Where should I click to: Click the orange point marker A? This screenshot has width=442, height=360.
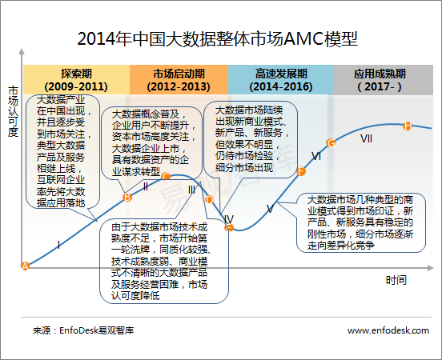click(25, 266)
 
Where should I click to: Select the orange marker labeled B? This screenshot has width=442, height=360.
click(127, 197)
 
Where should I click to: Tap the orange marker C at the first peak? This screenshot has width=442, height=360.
click(167, 176)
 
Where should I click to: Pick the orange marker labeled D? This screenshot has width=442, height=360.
click(209, 200)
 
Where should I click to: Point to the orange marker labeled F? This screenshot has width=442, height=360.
click(301, 171)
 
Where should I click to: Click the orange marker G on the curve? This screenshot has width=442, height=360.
click(331, 143)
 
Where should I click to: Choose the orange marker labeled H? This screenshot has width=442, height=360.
click(408, 126)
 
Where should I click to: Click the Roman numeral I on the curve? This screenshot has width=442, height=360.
click(58, 245)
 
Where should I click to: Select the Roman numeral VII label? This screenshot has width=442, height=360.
click(366, 138)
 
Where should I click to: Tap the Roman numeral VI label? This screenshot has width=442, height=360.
click(316, 156)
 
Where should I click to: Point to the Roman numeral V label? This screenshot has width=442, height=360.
click(270, 209)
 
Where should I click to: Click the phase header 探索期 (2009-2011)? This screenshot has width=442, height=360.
click(76, 80)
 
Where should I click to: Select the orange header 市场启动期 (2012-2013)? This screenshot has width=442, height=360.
click(179, 80)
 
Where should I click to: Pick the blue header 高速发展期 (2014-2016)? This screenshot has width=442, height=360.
click(281, 80)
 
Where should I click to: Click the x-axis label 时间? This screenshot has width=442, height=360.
click(396, 280)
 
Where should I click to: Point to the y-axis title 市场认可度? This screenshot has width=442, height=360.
click(13, 111)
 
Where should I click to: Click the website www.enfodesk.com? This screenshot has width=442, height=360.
click(388, 330)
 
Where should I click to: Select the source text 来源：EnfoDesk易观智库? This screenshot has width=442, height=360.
click(83, 330)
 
